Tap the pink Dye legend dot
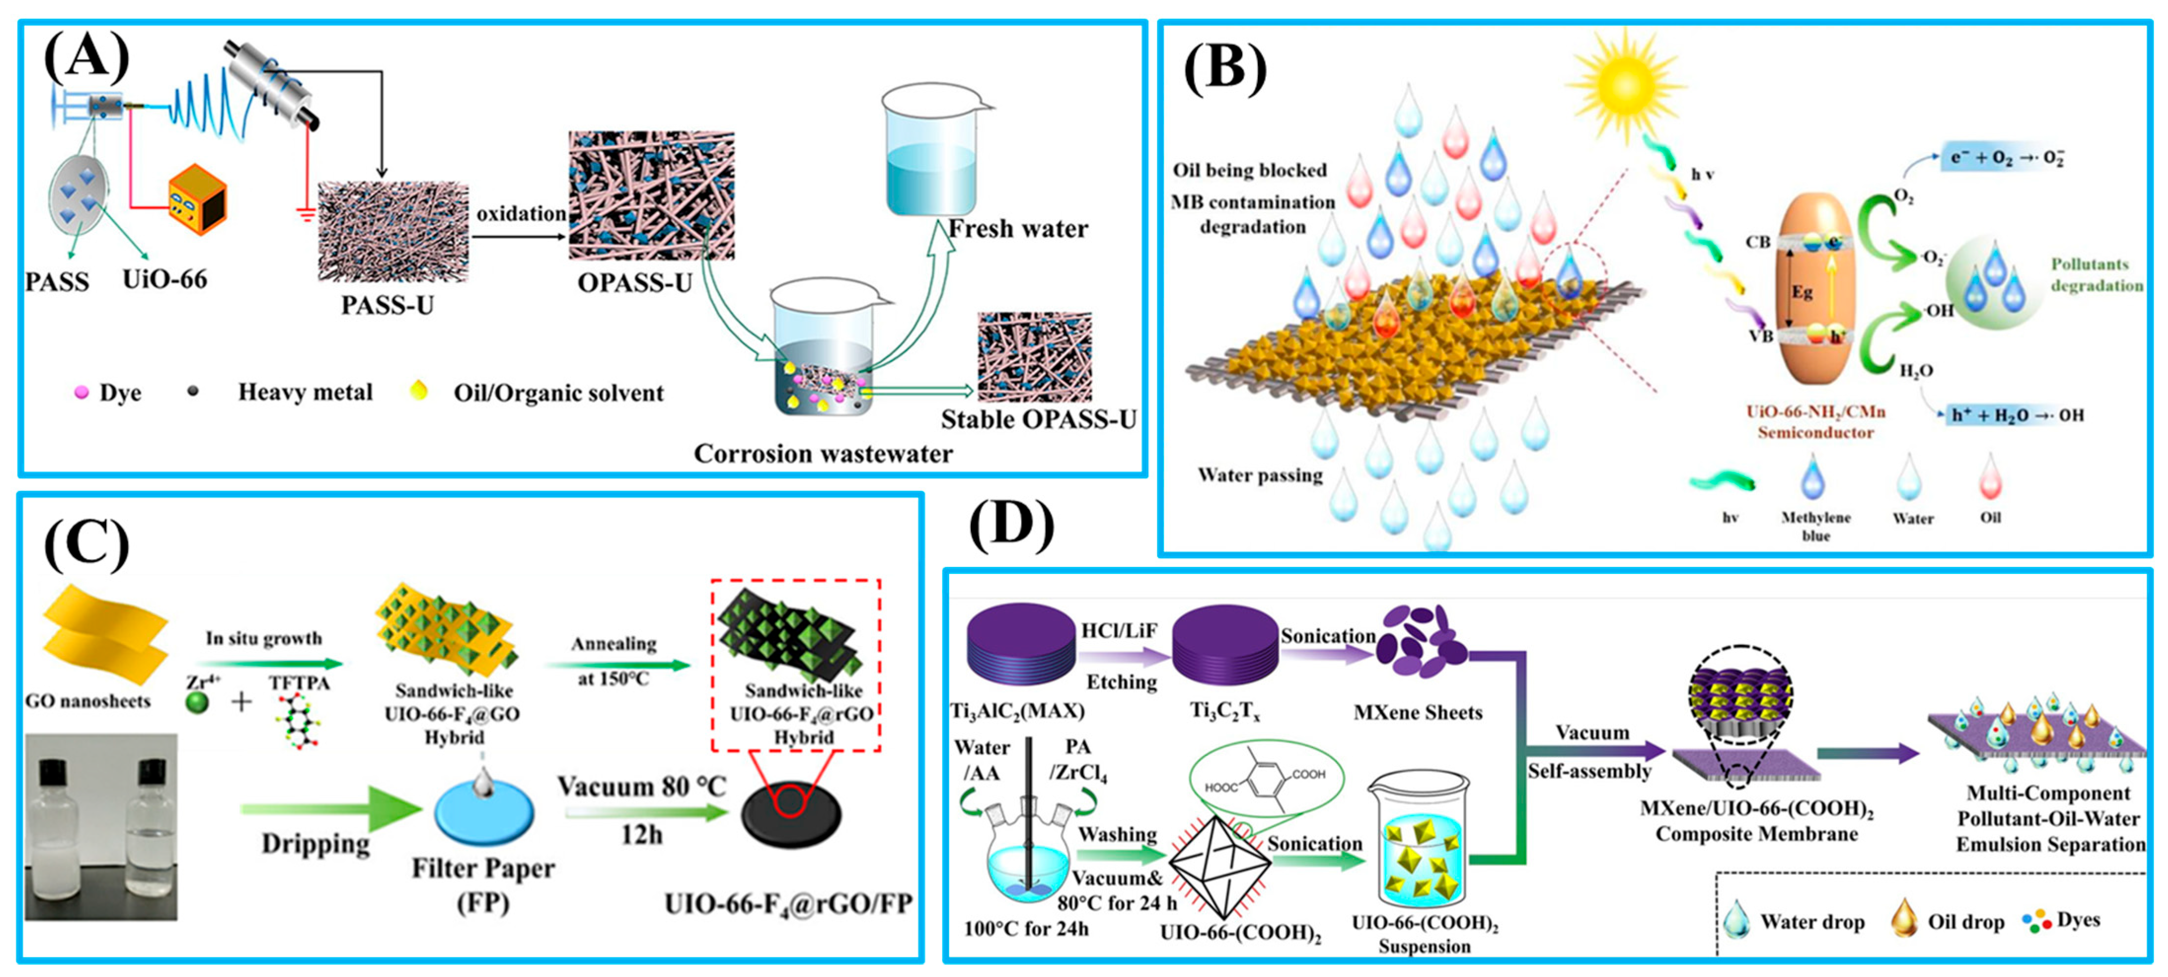[81, 392]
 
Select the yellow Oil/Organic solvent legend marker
[418, 390]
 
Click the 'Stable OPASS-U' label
[1038, 419]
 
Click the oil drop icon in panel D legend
[1904, 918]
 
